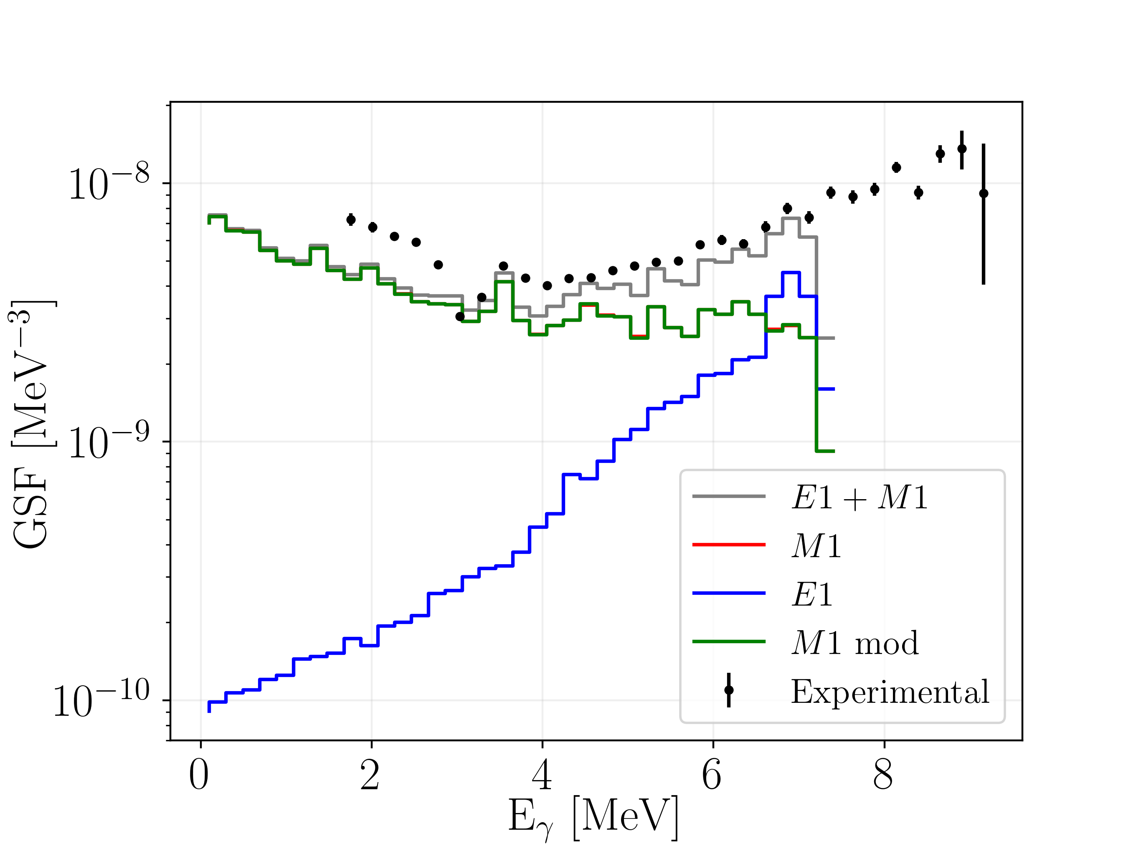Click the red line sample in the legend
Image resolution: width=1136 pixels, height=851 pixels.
[x=729, y=545]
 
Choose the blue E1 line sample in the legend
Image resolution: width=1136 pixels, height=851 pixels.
[x=729, y=593]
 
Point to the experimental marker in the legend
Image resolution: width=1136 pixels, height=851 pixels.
[x=729, y=690]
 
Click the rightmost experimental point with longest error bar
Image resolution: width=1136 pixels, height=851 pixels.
[x=984, y=194]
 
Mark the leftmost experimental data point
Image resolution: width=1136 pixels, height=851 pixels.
[x=351, y=220]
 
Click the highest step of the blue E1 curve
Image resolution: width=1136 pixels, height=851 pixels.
[x=791, y=273]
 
